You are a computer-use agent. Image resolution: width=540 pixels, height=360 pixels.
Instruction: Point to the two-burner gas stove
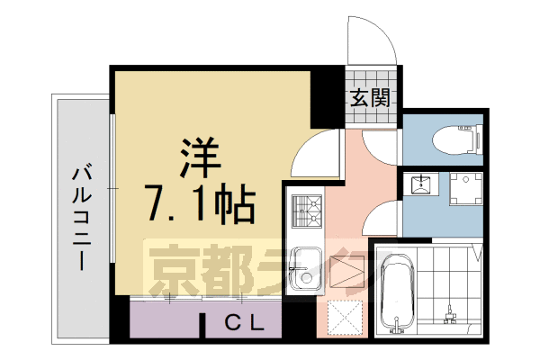point(306,213)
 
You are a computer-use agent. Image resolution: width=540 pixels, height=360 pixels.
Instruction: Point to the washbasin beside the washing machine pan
point(419,185)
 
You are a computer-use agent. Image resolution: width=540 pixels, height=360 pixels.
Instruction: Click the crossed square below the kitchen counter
point(343,316)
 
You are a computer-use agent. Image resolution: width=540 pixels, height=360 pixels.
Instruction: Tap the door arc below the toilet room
point(383,217)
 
